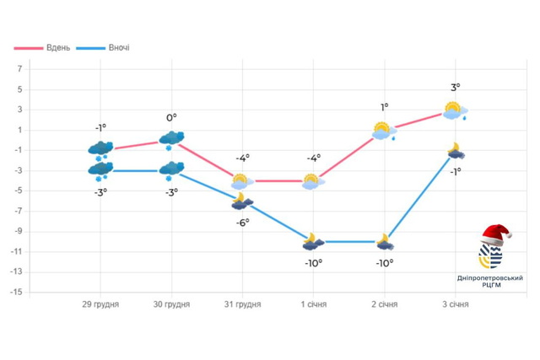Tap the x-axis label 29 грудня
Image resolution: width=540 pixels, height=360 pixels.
pos(100,304)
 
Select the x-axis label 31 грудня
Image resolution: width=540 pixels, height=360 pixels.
pos(242,304)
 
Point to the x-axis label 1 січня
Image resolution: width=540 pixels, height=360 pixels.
pos(313,304)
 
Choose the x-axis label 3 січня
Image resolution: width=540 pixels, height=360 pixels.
pos(455,304)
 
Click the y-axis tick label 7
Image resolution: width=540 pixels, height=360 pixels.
pos(19,69)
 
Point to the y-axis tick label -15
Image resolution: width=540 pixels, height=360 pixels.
pos(16,293)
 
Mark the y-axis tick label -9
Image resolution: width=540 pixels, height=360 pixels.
pos(18,232)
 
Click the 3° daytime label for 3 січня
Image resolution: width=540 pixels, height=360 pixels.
pos(455,88)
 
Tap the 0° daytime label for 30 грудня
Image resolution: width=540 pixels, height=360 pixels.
pos(171,118)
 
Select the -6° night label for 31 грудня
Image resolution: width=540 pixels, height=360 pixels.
pos(242,222)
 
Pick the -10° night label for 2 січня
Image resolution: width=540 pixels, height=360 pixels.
pos(384,263)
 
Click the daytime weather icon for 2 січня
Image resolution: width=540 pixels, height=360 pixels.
pos(385,131)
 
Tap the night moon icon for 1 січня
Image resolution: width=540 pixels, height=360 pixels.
pos(313,242)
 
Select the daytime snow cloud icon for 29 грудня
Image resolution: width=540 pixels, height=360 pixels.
pos(100,149)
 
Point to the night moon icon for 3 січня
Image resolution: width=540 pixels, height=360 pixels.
pos(456,151)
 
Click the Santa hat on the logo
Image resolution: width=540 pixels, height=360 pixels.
pos(495,234)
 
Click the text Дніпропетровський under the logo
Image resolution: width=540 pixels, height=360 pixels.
pos(490,277)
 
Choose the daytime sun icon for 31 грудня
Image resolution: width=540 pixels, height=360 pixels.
pos(242,180)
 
